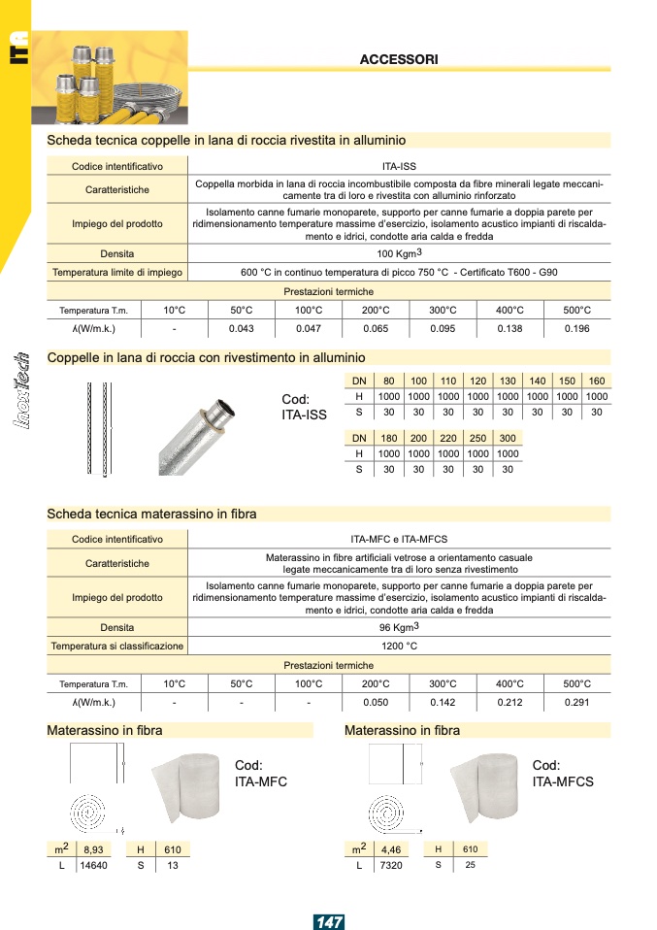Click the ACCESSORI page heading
click(398, 59)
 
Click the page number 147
click(329, 921)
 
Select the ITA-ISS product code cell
click(399, 167)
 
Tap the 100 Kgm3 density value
click(399, 253)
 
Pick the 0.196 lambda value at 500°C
click(577, 329)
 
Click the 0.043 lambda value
click(241, 329)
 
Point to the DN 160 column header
click(597, 382)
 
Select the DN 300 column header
click(508, 438)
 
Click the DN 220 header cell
click(448, 438)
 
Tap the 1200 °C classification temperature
click(399, 645)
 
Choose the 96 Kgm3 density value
click(399, 626)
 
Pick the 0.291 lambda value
click(577, 702)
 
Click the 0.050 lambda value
click(376, 702)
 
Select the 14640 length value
click(93, 865)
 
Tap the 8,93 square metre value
click(93, 849)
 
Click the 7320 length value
click(391, 865)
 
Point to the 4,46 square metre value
click(391, 849)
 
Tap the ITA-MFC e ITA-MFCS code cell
click(399, 539)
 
